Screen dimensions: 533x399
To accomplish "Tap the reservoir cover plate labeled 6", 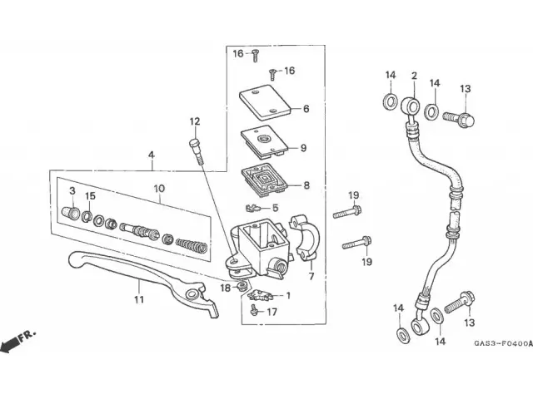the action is click(x=266, y=102).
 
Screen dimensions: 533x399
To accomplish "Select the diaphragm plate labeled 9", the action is click(x=265, y=142).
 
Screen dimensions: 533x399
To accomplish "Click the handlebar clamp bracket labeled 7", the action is click(x=305, y=239).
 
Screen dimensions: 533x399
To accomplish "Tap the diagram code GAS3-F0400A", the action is click(x=503, y=343).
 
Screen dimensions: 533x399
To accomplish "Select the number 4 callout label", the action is click(x=152, y=155).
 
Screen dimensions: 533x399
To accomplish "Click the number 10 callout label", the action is click(x=159, y=189).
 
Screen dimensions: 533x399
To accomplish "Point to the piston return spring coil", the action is click(x=192, y=245).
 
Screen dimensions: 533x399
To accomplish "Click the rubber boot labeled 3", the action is click(x=71, y=213).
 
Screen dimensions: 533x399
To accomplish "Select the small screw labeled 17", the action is click(x=253, y=309).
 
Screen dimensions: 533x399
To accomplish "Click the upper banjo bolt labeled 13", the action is click(x=459, y=119).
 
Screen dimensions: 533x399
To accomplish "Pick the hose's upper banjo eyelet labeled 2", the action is click(x=411, y=106).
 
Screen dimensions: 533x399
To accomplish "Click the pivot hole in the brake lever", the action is click(x=192, y=293).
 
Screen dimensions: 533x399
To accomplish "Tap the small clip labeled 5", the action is click(x=252, y=207).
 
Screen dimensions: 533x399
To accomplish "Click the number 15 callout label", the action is click(x=90, y=196).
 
